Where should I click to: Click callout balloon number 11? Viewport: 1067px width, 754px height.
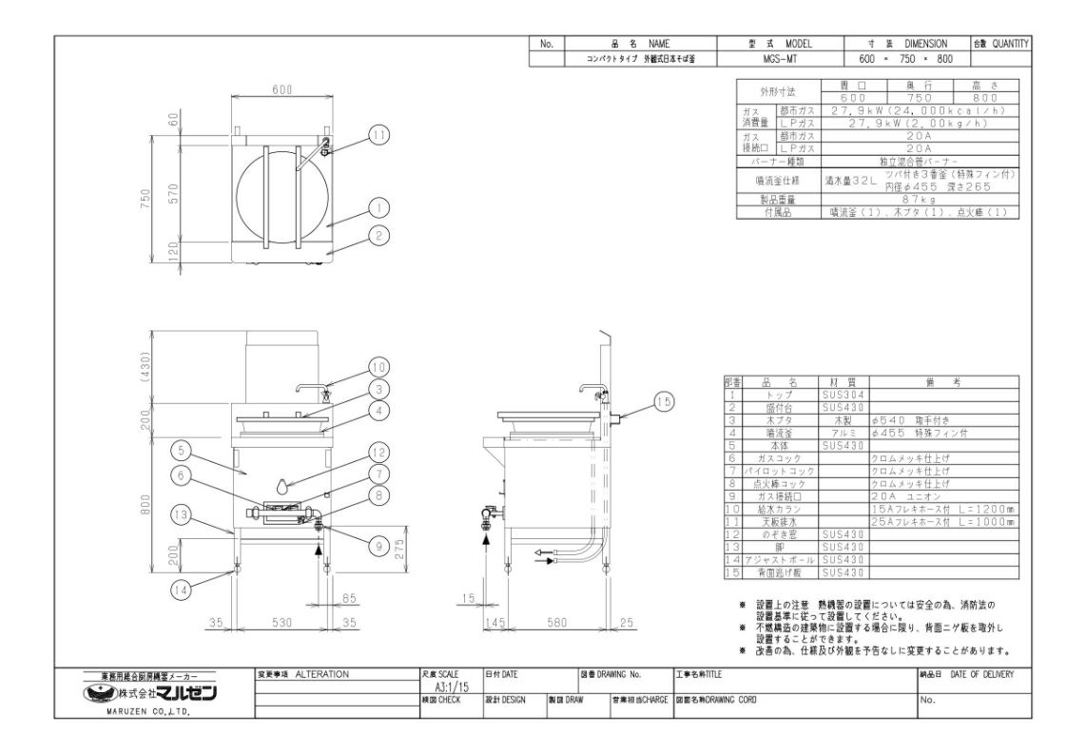click(379, 135)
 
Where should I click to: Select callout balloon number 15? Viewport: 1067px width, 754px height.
click(663, 402)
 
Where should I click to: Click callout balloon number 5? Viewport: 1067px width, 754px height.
click(182, 449)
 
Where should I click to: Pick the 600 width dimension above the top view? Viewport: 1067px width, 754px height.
click(281, 89)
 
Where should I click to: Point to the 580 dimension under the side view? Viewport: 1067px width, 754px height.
click(556, 624)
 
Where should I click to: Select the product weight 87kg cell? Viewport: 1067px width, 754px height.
click(920, 201)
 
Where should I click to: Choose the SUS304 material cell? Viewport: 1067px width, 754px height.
click(841, 393)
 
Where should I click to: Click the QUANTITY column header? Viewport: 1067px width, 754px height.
click(1010, 44)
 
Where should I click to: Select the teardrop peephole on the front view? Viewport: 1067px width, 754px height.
click(281, 486)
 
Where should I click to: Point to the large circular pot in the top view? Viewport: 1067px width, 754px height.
click(281, 193)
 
